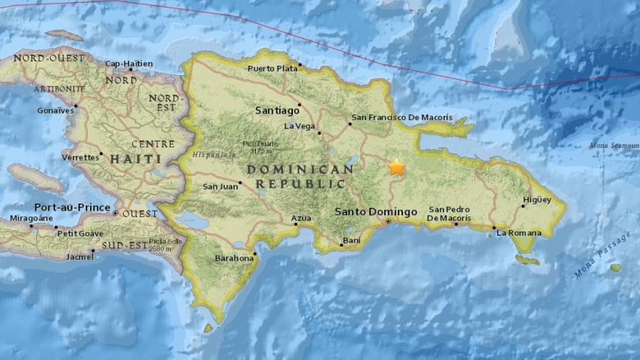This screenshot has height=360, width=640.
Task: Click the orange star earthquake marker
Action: (396, 168)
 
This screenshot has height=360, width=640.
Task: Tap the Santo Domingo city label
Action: (376, 212)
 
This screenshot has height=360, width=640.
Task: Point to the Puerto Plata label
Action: (271, 69)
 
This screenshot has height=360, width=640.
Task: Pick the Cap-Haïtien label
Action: (129, 64)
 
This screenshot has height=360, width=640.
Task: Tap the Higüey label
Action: (536, 200)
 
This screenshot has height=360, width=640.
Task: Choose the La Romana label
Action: (519, 233)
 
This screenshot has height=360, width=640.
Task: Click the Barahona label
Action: (234, 259)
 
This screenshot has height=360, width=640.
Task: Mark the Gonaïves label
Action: (56, 111)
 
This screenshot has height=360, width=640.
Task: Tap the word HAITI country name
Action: (132, 159)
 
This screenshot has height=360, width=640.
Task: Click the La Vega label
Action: (299, 126)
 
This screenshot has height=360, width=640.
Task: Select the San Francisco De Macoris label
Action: (402, 117)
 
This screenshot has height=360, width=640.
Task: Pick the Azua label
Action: (301, 218)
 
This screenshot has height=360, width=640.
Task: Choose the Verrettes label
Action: (79, 157)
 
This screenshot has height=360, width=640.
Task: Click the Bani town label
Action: (351, 241)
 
